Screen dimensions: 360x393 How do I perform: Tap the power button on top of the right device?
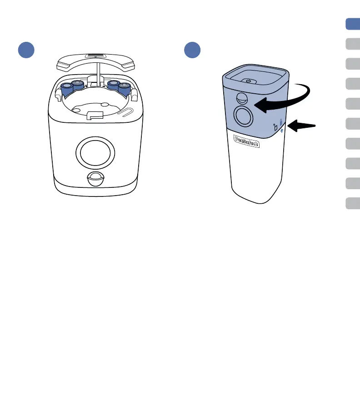pos(248,81)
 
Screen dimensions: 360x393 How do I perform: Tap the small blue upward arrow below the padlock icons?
pos(282,131)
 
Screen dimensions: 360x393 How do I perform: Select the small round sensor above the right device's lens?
pos(242,99)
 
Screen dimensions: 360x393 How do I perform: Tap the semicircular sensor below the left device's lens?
pos(94,178)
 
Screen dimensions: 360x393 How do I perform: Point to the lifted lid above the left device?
pos(95,61)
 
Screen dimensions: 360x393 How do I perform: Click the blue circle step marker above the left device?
pos(26,50)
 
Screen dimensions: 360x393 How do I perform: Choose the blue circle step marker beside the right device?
pos(193,50)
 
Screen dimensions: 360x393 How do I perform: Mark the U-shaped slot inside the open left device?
pos(129,112)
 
